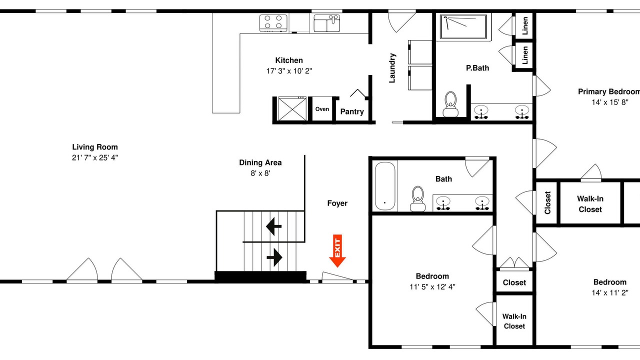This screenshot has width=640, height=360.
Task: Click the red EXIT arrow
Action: pos(337,251)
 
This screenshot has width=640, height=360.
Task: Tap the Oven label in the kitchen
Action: pos(322,109)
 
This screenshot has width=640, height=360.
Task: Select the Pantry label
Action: pos(352,111)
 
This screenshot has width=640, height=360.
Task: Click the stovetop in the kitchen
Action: pos(273,23)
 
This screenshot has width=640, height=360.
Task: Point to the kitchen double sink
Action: pos(327,23)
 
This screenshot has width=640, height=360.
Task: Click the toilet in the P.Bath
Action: pos(450,104)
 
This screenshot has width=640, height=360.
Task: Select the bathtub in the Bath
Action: pos(385,186)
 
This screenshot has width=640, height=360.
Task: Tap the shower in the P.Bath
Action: pos(463,27)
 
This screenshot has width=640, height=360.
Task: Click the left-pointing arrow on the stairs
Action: pos(273,226)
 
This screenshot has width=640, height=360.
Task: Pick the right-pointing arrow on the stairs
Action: pos(274,257)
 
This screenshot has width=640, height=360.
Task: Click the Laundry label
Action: pos(392,68)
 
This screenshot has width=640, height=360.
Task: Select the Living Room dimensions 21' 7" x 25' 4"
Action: pos(95,157)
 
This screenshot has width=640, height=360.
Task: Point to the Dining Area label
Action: pos(260,162)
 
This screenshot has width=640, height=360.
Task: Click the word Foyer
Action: pos(337,203)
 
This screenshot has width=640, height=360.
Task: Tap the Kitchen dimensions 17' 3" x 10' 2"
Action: pos(289,71)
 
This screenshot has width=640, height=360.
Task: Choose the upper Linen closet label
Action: pos(525,25)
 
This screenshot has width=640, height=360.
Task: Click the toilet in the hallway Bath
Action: pos(417,199)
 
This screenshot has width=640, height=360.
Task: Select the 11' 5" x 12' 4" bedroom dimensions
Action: pos(432,287)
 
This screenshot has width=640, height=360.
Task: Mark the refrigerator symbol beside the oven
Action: pos(292,109)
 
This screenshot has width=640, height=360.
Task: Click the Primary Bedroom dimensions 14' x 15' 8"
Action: pos(610,102)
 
